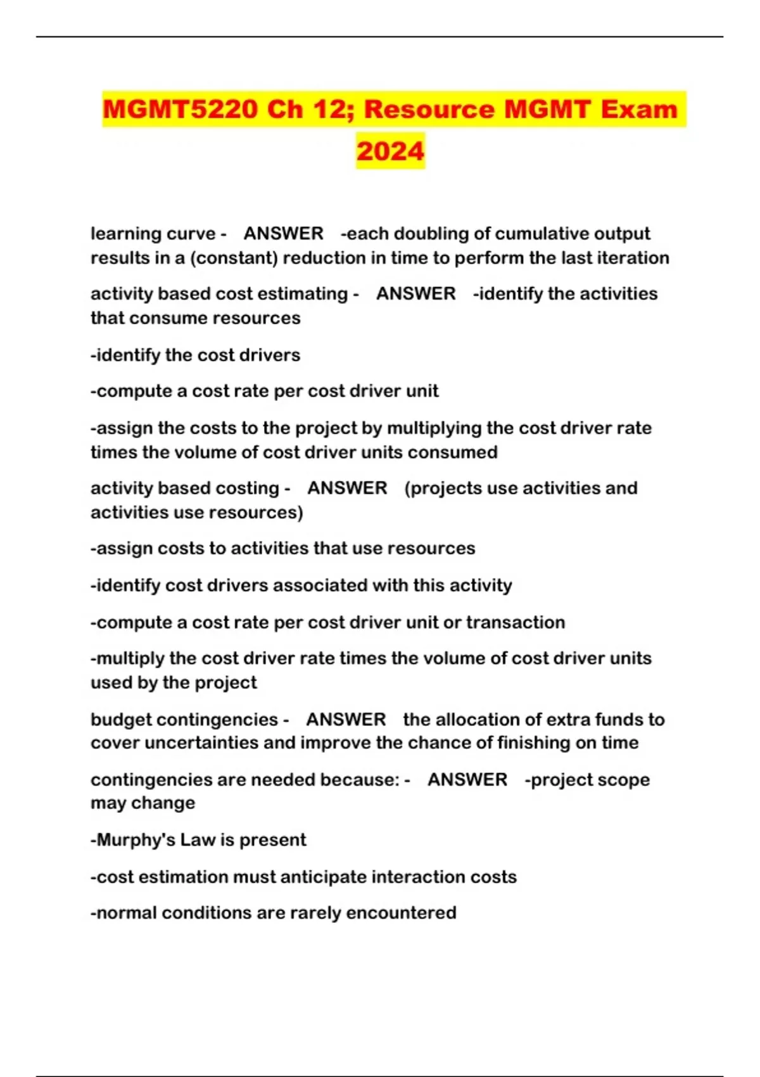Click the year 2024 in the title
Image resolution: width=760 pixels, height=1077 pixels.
(390, 151)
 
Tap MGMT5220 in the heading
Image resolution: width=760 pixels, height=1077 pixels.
(180, 109)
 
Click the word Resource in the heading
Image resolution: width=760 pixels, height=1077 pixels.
(429, 109)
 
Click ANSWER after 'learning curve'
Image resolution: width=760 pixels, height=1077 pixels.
(284, 234)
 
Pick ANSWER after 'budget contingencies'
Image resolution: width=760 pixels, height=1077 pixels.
(346, 720)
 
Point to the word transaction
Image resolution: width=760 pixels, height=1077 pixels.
(516, 622)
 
